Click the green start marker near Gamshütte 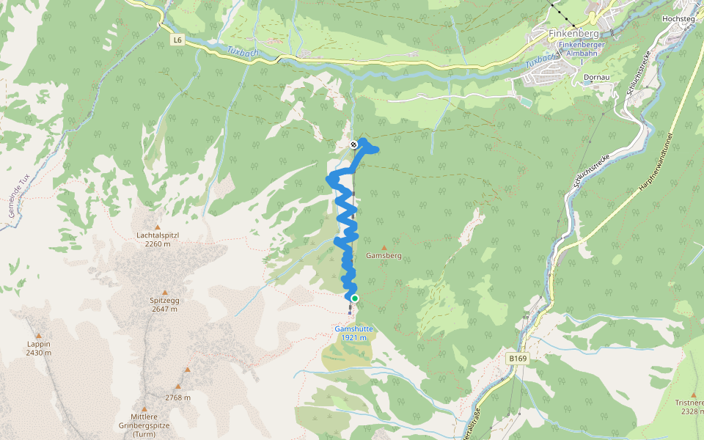[x=355, y=298]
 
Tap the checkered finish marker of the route [x=354, y=144]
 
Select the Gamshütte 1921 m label [x=354, y=333]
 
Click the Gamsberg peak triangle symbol [x=384, y=248]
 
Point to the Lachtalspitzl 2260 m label [x=158, y=239]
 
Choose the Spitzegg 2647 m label [x=164, y=304]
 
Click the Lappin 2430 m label [x=38, y=348]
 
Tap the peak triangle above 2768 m [x=188, y=370]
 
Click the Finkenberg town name [x=574, y=34]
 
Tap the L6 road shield [x=177, y=40]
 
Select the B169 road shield [x=518, y=359]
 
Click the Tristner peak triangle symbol [x=693, y=395]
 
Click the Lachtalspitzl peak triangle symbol [x=157, y=227]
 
